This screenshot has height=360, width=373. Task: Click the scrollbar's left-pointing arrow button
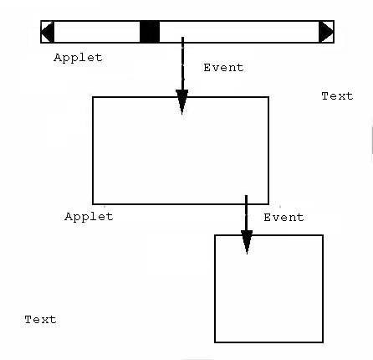48,32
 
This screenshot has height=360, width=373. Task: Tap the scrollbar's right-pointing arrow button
326,32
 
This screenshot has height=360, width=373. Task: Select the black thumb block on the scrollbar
150,32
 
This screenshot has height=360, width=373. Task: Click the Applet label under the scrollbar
78,58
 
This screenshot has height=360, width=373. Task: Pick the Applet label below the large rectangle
89,217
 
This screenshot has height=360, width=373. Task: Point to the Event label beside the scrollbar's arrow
223,68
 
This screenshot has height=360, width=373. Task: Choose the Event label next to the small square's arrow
284,218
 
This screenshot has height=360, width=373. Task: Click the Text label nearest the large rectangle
337,96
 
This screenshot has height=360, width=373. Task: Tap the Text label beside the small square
40,320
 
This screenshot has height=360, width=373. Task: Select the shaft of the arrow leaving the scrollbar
182,64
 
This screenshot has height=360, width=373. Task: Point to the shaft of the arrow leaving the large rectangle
246,213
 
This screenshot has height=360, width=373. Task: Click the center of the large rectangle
181,151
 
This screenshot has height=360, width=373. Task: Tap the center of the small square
268,289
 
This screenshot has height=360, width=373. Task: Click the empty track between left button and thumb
97,32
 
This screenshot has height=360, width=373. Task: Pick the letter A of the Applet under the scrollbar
58,57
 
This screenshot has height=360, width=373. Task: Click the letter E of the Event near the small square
268,218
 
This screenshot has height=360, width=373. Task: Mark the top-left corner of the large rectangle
93,97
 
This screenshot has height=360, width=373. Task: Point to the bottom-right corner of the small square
323,342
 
